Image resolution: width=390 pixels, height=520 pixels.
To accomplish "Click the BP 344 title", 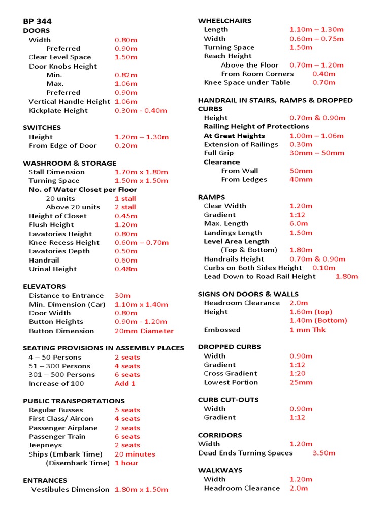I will pyautogui.click(x=37, y=21).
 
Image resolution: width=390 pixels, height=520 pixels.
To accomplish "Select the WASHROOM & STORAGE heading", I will pyautogui.click(x=70, y=163).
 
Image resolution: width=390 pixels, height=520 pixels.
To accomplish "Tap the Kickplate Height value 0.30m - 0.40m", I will pyautogui.click(x=141, y=110).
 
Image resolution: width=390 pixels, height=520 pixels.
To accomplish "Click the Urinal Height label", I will pyautogui.click(x=53, y=269).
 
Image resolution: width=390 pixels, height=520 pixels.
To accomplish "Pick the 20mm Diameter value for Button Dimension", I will pyautogui.click(x=144, y=331).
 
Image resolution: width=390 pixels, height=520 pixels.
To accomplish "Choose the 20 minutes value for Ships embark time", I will pyautogui.click(x=135, y=454).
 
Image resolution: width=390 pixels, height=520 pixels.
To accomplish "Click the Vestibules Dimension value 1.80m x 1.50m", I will pyautogui.click(x=141, y=489).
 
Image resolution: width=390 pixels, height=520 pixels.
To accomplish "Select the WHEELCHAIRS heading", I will pyautogui.click(x=224, y=21).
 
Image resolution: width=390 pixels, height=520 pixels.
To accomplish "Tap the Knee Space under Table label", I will pyautogui.click(x=247, y=82).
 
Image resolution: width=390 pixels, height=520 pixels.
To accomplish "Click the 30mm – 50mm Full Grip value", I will pyautogui.click(x=316, y=153).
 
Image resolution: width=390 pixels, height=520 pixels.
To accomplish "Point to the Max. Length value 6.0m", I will pyautogui.click(x=299, y=223).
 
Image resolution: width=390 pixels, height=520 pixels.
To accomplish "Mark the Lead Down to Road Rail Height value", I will pyautogui.click(x=346, y=276).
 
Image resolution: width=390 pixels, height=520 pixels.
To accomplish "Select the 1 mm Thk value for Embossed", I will pyautogui.click(x=307, y=329).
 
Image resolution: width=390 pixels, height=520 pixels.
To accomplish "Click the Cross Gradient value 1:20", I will pyautogui.click(x=298, y=373).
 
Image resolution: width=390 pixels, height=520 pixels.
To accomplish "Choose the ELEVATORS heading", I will pyautogui.click(x=44, y=286).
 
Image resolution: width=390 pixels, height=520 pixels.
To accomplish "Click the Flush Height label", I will pyautogui.click(x=51, y=224).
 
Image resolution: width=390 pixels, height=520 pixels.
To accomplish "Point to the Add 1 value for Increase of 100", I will pyautogui.click(x=125, y=383).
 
